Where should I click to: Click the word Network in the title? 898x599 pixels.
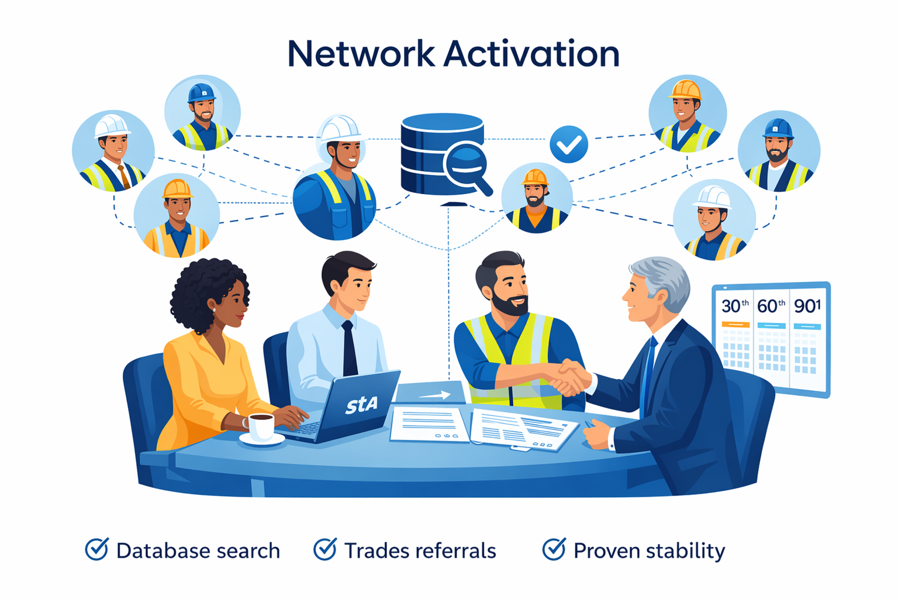(x=361, y=54)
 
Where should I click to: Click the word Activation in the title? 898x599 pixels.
(x=531, y=54)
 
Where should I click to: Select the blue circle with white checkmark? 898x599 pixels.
(x=569, y=144)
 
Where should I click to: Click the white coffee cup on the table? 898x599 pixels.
(x=260, y=426)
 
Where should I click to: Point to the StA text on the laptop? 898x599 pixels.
(x=361, y=404)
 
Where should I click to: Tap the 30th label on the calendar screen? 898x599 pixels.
(x=735, y=306)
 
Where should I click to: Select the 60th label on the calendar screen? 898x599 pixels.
(x=771, y=306)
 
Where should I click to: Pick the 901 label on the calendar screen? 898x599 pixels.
(x=807, y=306)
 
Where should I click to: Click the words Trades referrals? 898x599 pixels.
(x=420, y=551)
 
